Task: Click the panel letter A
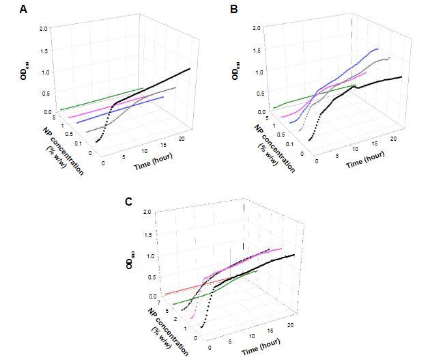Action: point(24,9)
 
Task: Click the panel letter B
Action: point(234,9)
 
